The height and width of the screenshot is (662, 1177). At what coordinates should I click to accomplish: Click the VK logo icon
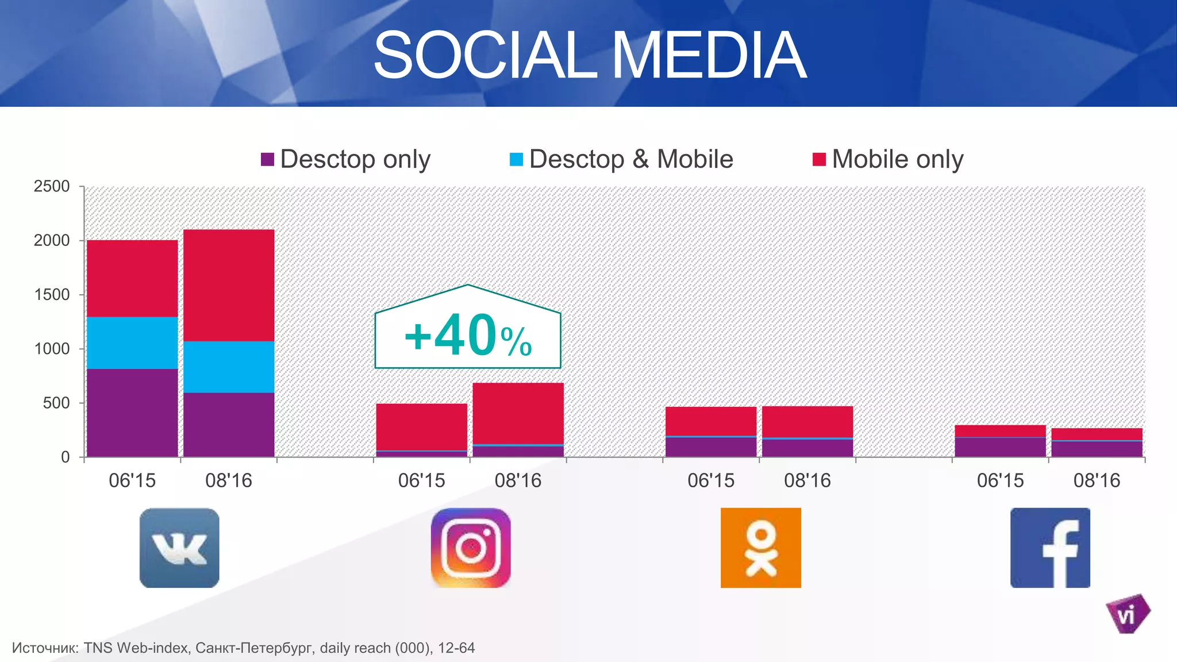179,548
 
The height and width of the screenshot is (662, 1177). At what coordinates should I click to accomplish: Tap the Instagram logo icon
471,548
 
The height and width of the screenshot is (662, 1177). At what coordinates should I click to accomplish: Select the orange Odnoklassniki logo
760,548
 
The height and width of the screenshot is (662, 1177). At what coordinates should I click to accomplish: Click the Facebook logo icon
1050,548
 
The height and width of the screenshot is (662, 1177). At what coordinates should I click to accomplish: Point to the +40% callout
468,337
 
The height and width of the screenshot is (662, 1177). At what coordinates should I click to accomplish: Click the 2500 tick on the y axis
52,187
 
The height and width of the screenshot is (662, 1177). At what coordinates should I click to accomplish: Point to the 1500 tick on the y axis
52,295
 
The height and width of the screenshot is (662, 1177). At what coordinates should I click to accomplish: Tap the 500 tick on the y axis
56,403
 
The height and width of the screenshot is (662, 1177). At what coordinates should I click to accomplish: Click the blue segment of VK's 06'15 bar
132,342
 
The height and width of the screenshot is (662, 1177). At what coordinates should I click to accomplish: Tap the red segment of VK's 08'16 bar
229,285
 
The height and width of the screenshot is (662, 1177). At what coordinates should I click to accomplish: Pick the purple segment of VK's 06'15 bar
132,413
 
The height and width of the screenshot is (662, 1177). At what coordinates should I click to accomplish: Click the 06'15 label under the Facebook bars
1000,480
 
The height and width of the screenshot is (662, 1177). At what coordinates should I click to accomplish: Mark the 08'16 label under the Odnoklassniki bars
807,480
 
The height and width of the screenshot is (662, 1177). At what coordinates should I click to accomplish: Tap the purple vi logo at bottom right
1127,614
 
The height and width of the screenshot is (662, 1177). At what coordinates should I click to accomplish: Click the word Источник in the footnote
45,648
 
